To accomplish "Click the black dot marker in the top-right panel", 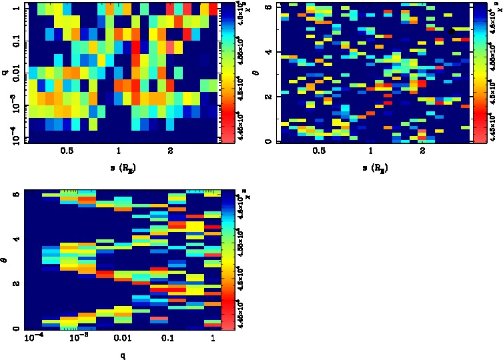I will [452, 31].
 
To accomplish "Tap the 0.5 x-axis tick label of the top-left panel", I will [67, 152].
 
